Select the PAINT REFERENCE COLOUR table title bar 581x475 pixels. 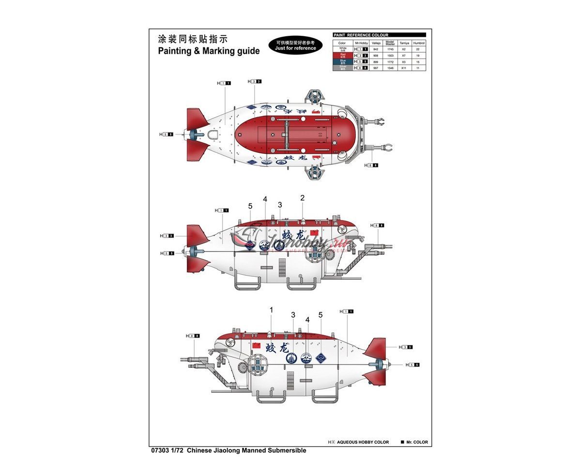[379, 35]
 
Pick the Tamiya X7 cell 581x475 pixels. [404, 56]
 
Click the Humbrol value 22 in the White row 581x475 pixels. [419, 49]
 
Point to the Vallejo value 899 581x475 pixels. [376, 62]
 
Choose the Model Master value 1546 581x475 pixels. [390, 68]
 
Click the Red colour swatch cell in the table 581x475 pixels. [343, 56]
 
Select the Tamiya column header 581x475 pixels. [404, 43]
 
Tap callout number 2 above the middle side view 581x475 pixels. [302, 198]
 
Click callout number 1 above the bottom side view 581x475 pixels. [271, 310]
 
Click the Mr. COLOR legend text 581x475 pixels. [417, 442]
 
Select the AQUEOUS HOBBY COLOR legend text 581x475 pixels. [363, 442]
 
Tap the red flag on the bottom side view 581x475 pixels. [257, 344]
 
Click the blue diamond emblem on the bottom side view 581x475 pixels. [321, 358]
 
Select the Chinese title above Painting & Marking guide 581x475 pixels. [192, 39]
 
